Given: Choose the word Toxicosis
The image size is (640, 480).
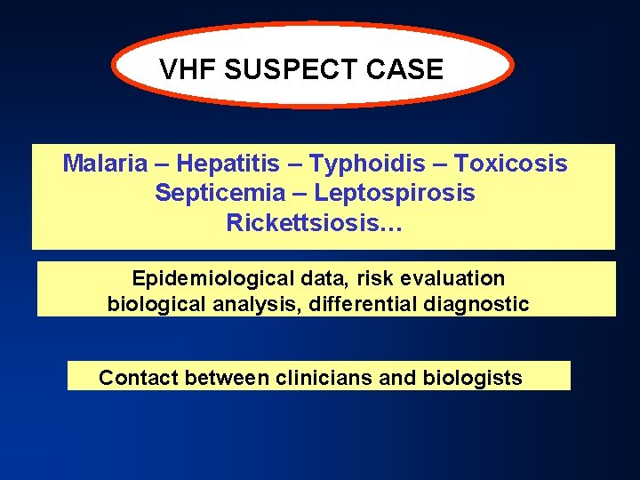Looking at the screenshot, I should pos(510,164).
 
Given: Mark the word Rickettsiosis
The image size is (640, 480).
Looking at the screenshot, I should pos(308,221).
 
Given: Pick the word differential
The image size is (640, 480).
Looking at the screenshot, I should pos(360,304).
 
